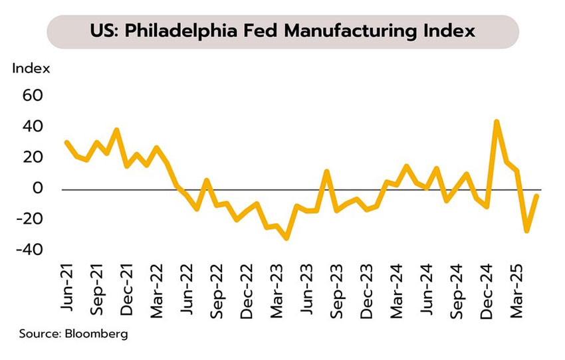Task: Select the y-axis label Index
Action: [x=31, y=68]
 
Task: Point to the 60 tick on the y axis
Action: [x=33, y=96]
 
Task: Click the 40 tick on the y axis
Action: [x=33, y=127]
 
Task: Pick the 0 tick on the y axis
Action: [x=38, y=189]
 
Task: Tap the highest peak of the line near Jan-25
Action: [x=496, y=122]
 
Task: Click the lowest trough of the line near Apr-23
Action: [x=286, y=238]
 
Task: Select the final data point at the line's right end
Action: [x=536, y=196]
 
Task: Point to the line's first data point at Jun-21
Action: [x=66, y=142]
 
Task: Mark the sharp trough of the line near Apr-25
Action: [x=526, y=230]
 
